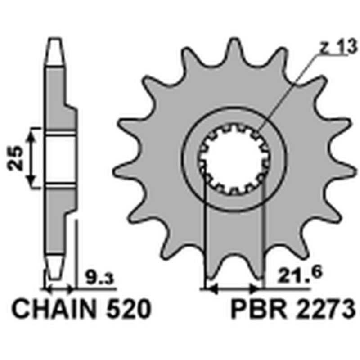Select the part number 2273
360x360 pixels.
pos(321,310)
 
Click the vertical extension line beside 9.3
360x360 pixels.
pos(77,252)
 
